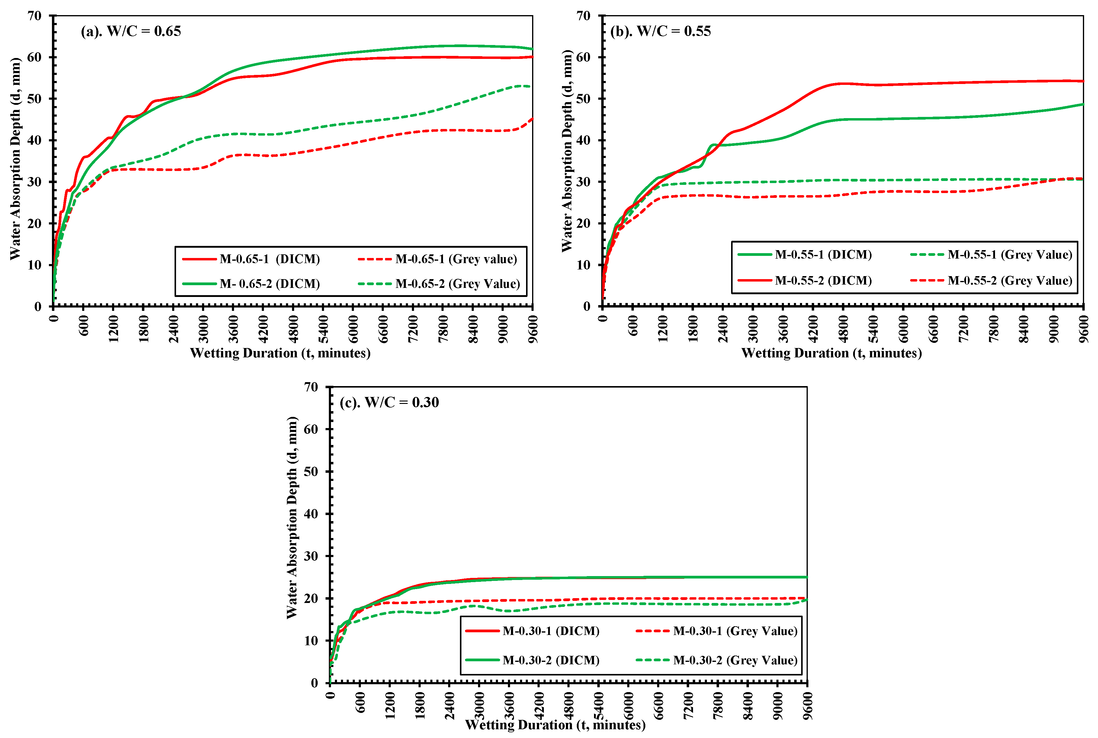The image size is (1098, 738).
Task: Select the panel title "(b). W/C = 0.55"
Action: [660, 31]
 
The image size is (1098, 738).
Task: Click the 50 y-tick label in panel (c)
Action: [311, 472]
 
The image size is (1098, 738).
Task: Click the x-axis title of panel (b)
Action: [831, 353]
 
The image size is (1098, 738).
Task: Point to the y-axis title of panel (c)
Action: [292, 518]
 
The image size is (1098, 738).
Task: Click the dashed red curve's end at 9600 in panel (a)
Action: [532, 119]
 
